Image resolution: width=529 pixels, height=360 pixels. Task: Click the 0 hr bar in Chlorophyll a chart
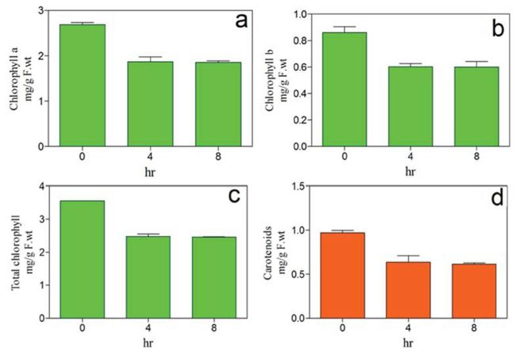pyautogui.click(x=83, y=85)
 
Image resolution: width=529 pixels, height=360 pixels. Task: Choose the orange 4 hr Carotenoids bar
pyautogui.click(x=407, y=290)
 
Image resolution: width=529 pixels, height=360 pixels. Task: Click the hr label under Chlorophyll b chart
pyautogui.click(x=409, y=172)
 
